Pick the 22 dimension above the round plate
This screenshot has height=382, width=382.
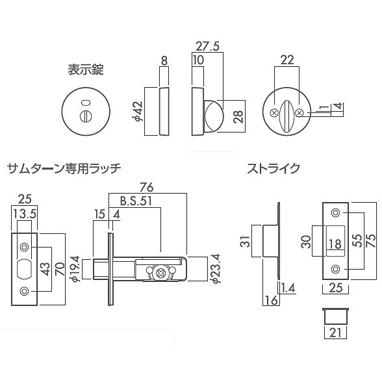tap(287, 60)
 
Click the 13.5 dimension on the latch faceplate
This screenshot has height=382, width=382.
tap(25, 215)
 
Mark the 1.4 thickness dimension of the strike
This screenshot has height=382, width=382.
tap(287, 287)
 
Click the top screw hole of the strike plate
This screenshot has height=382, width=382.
tap(336, 212)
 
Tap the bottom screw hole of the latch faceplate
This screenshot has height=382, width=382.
tap(24, 290)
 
